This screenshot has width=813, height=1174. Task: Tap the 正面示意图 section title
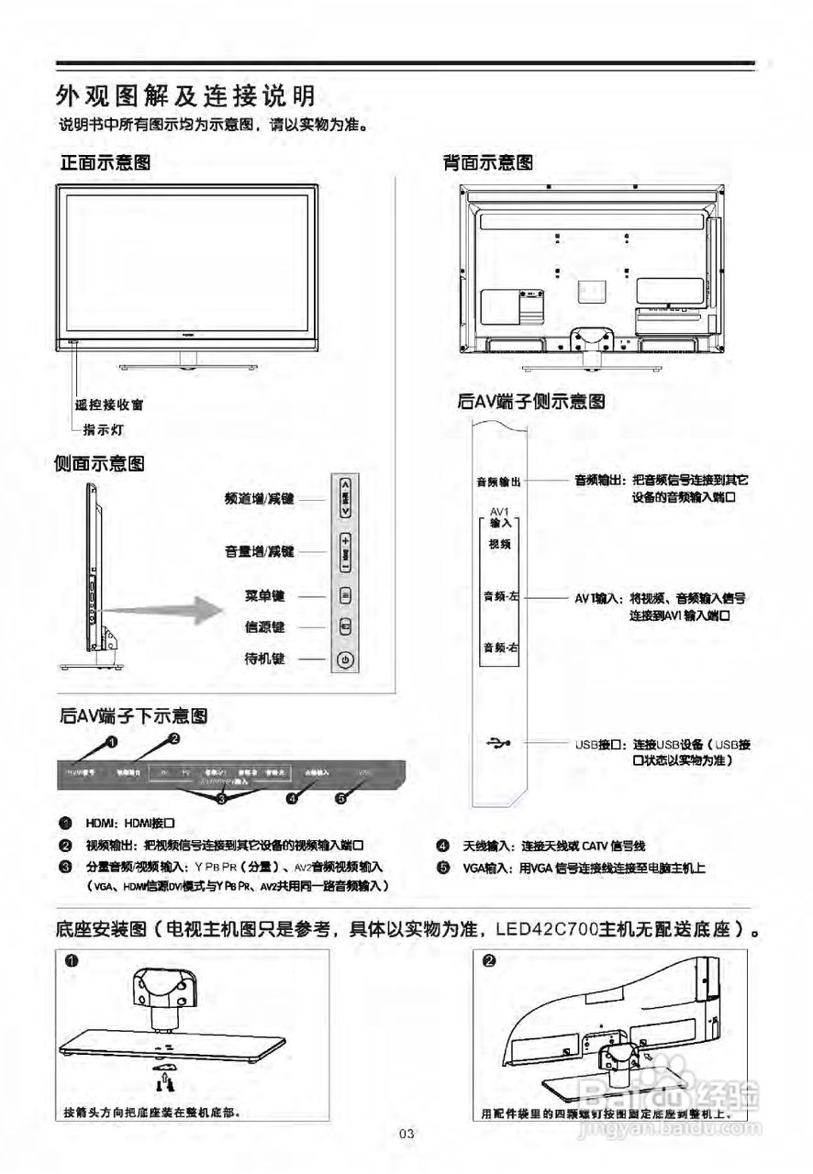tap(106, 162)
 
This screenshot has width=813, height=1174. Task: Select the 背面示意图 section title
tap(488, 162)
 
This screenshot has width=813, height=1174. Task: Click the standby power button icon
tap(345, 659)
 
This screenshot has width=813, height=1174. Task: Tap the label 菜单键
tap(265, 596)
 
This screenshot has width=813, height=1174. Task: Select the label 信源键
tap(265, 627)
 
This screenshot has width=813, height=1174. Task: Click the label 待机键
tap(265, 659)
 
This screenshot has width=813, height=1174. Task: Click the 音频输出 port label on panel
tap(499, 481)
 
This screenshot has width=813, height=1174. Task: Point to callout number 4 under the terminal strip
tap(291, 798)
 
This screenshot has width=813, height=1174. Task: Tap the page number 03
tap(407, 1135)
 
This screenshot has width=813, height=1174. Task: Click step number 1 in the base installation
tap(71, 960)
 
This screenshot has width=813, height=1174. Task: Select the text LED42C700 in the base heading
tap(546, 928)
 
